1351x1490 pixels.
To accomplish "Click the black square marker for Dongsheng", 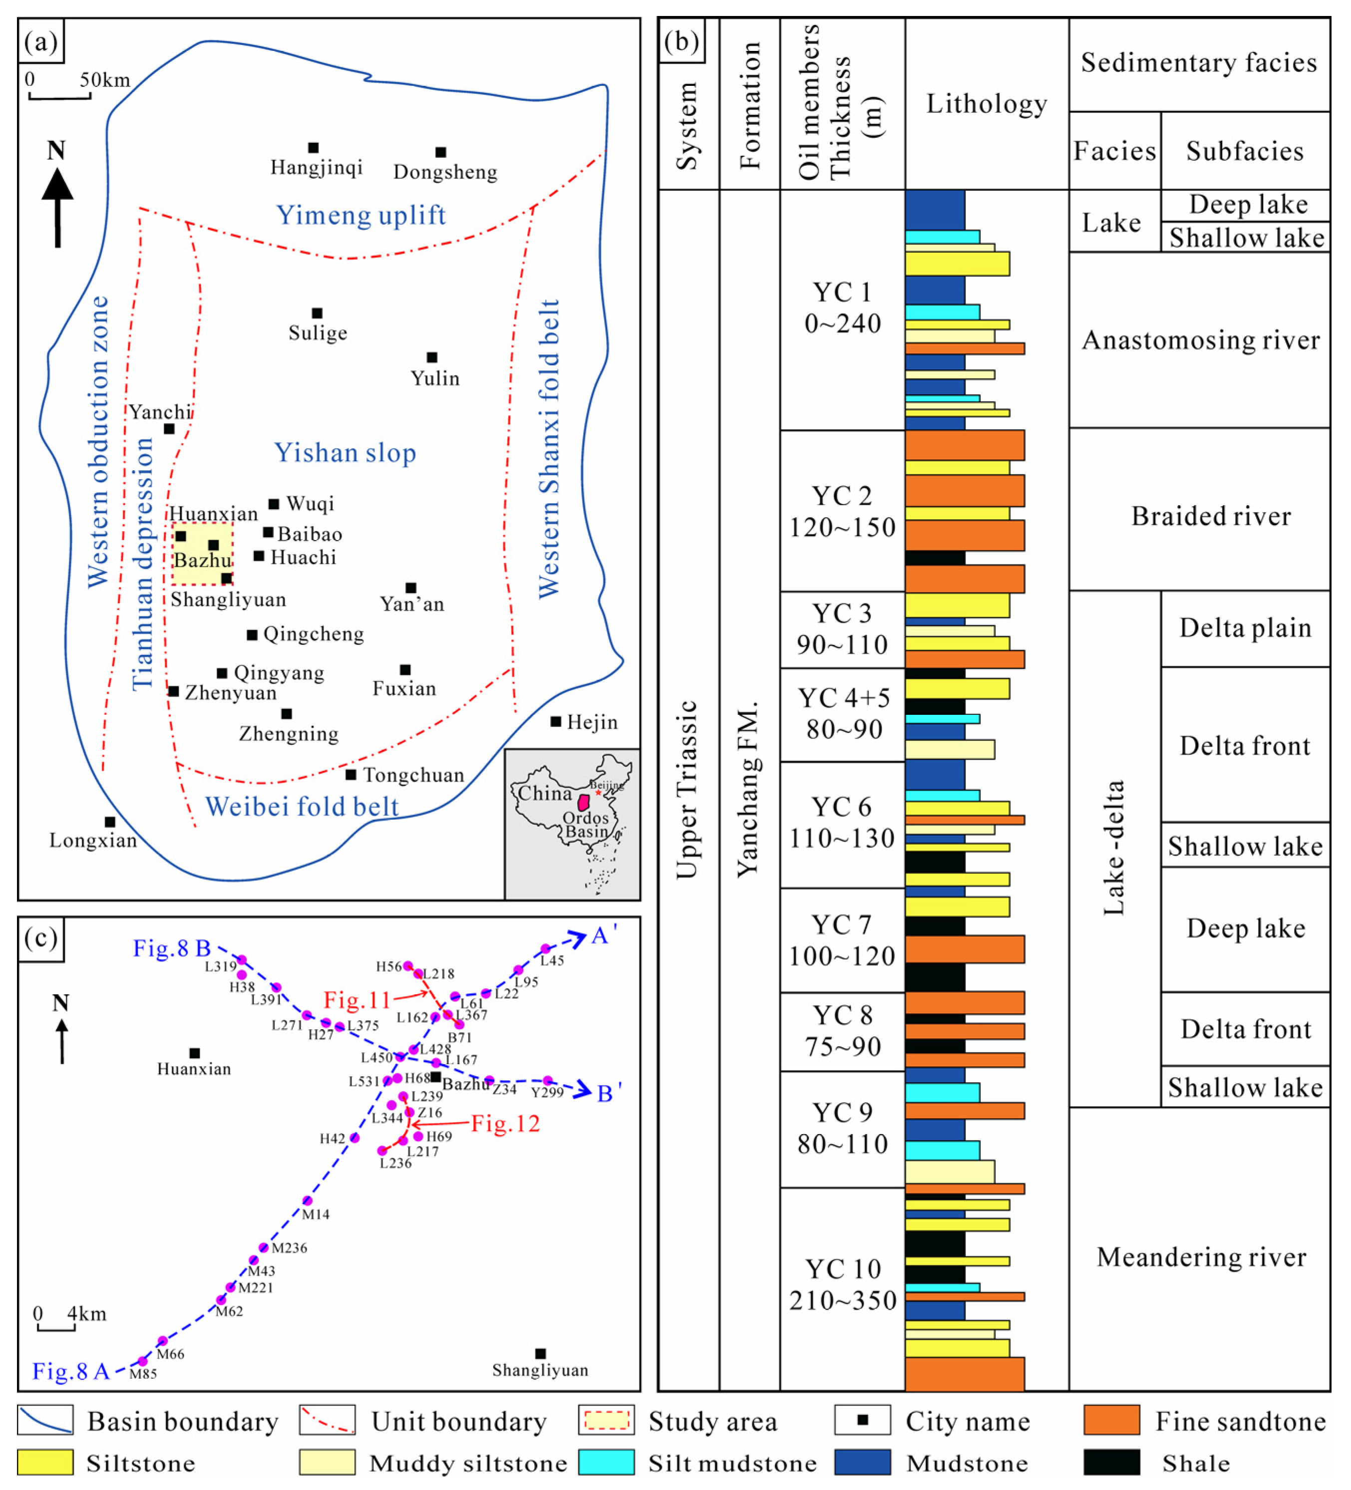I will click(440, 152).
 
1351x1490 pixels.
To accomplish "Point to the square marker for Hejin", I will click(556, 721).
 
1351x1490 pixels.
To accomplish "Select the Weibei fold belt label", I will click(302, 806).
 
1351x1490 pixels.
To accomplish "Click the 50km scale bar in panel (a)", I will click(59, 95).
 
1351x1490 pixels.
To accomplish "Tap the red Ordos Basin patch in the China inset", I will click(584, 802).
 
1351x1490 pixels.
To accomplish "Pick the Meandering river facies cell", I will click(1201, 1256).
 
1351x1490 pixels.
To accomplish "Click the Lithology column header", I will click(987, 103).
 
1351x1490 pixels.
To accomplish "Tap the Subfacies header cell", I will click(1245, 151).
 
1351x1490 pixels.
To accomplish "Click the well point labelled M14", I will click(308, 1200).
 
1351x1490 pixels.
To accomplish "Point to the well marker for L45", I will click(545, 949).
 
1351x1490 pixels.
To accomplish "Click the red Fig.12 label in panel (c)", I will click(506, 1124).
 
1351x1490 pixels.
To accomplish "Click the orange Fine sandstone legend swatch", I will click(1111, 1420).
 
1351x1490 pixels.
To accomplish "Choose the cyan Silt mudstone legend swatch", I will click(606, 1463).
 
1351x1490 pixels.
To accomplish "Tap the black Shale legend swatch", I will click(1111, 1463).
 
